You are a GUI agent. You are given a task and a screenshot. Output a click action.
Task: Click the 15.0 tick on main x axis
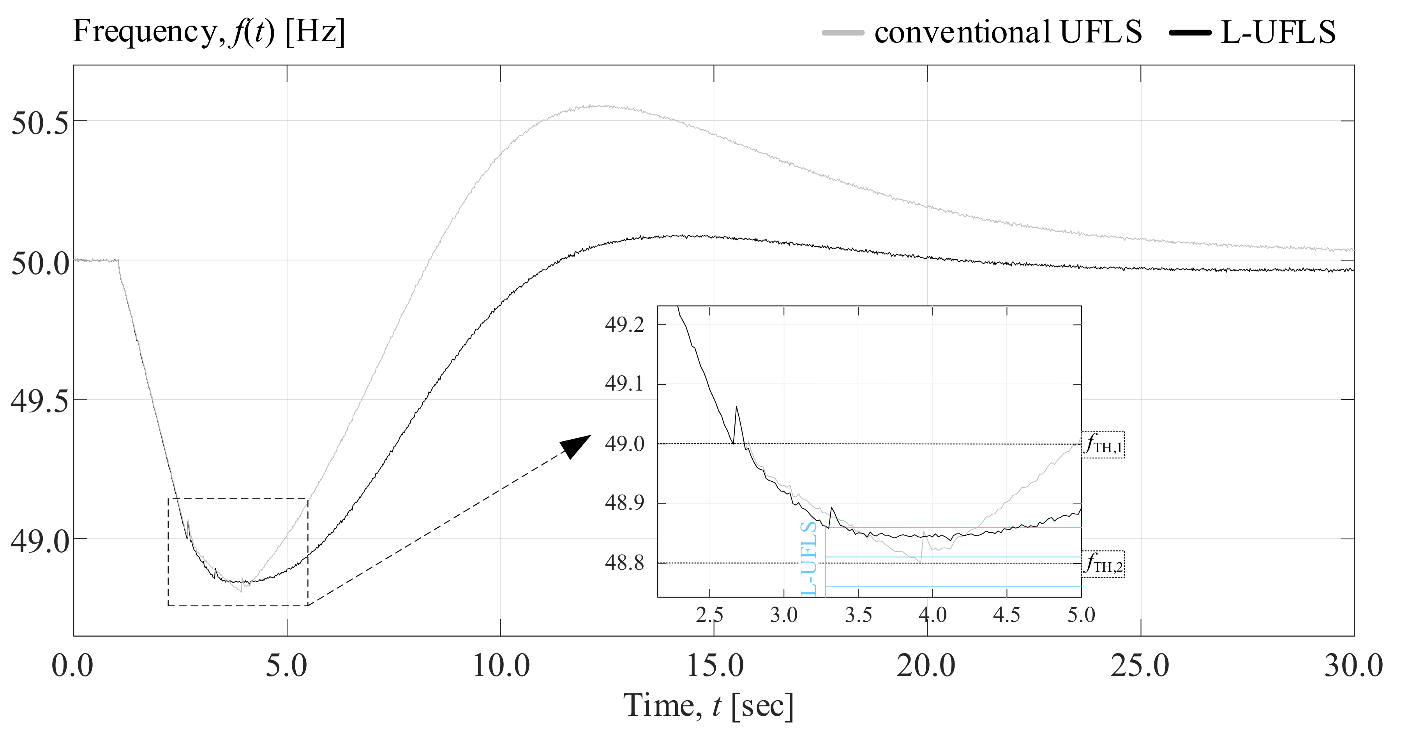(x=714, y=666)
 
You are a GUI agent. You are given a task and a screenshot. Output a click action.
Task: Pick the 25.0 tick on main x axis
(x=1140, y=666)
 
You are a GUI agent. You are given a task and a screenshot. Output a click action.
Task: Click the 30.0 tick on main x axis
(x=1353, y=666)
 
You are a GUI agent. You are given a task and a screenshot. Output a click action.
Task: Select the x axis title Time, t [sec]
(x=708, y=706)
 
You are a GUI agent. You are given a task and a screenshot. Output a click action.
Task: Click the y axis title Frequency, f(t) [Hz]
(x=209, y=32)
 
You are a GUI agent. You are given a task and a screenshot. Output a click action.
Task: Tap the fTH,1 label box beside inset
(x=1103, y=445)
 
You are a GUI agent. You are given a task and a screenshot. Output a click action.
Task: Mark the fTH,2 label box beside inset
(x=1103, y=564)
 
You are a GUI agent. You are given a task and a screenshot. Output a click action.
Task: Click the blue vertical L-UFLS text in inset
(x=809, y=558)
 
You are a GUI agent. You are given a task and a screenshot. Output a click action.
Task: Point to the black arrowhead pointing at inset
(x=575, y=446)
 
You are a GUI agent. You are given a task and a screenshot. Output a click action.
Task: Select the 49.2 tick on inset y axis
(x=625, y=325)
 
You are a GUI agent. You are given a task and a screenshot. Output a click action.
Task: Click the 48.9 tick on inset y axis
(x=625, y=503)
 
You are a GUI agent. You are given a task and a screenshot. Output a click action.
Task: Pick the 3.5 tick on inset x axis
(x=858, y=615)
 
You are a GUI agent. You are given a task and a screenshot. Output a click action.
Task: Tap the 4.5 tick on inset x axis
(x=1007, y=615)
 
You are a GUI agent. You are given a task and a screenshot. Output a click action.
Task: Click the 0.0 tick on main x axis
(x=72, y=666)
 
